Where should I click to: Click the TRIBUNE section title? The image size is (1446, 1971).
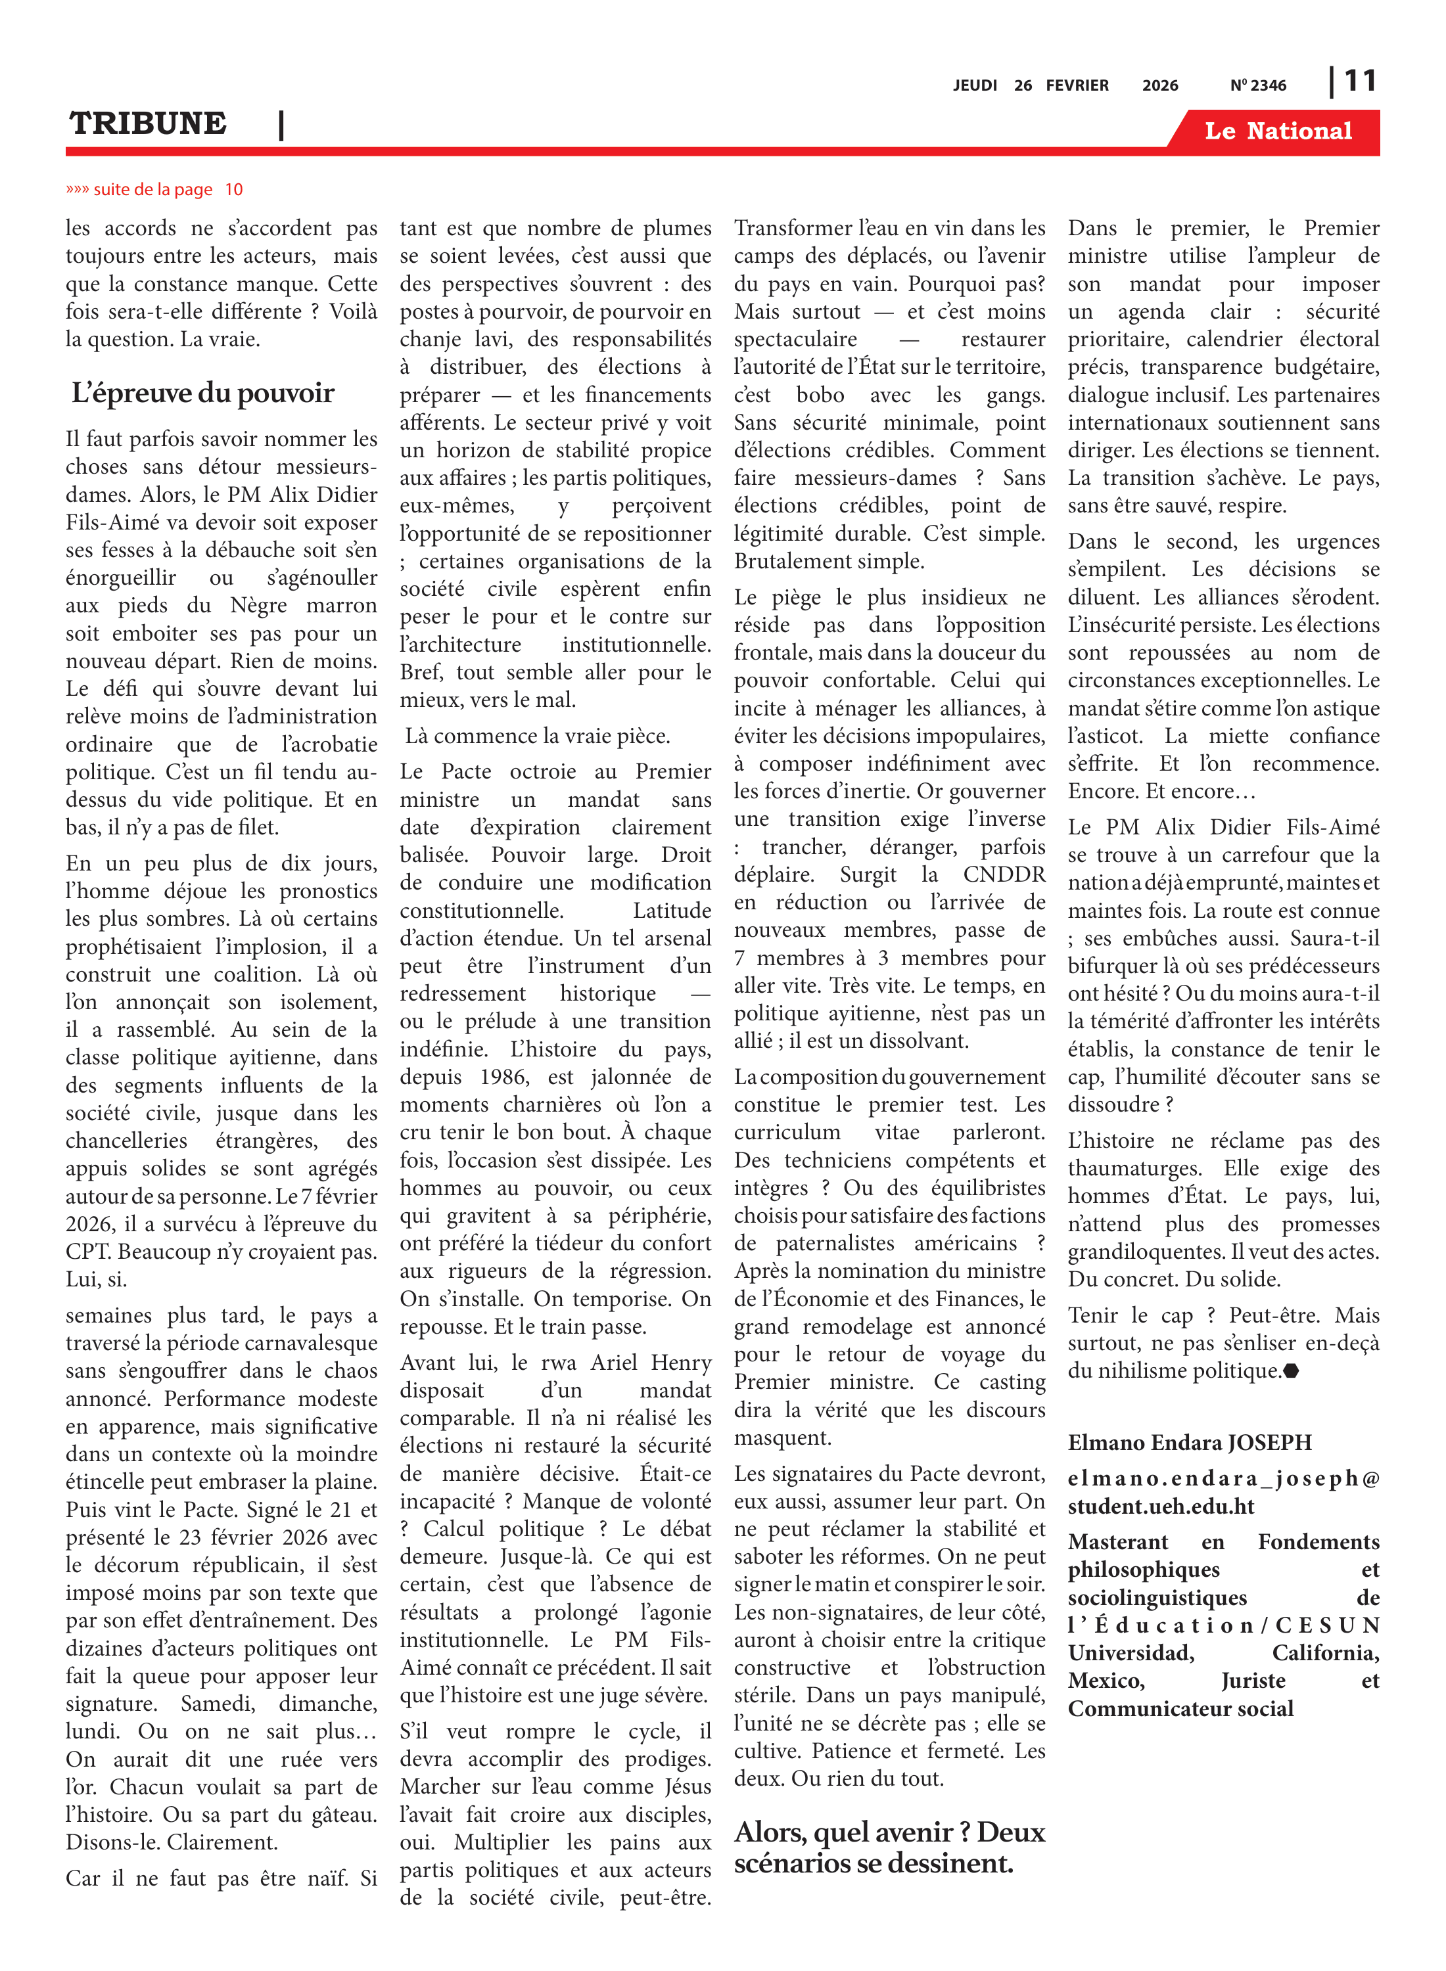click(x=148, y=124)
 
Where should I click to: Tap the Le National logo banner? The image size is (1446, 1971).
click(x=1277, y=131)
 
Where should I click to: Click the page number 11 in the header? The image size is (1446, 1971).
click(x=1359, y=81)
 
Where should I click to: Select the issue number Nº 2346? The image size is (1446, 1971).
click(x=1258, y=85)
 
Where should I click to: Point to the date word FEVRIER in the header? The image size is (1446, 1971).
click(x=1077, y=85)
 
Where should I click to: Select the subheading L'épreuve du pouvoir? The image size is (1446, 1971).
click(x=203, y=394)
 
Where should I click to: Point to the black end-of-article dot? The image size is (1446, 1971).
click(x=1290, y=1372)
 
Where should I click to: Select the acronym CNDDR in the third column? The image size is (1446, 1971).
click(x=1004, y=875)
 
